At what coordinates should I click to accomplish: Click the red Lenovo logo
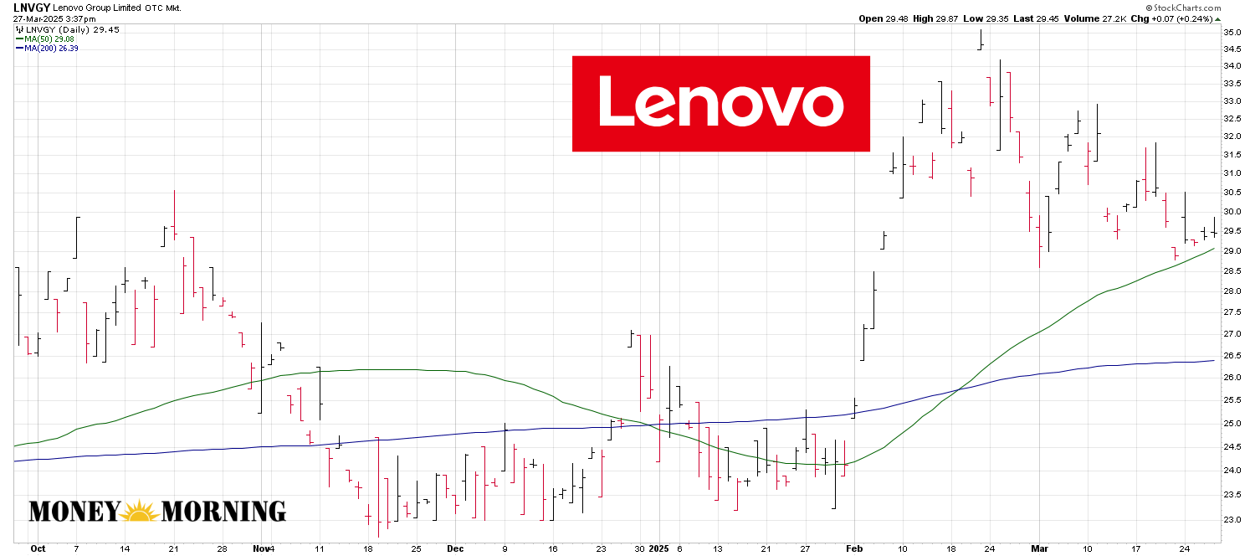click(x=720, y=104)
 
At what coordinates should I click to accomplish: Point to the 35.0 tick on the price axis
click(x=1232, y=32)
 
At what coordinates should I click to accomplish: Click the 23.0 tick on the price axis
click(x=1232, y=520)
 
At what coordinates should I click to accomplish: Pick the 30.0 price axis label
click(x=1232, y=212)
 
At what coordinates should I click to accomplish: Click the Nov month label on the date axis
click(x=259, y=549)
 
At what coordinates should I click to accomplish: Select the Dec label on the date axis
click(x=455, y=549)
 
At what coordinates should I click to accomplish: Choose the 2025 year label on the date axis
click(x=660, y=549)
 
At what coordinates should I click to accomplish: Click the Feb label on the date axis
click(x=854, y=549)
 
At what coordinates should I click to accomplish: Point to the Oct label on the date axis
click(x=38, y=549)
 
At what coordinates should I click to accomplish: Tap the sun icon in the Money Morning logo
click(x=140, y=510)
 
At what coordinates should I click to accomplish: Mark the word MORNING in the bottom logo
click(x=223, y=512)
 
